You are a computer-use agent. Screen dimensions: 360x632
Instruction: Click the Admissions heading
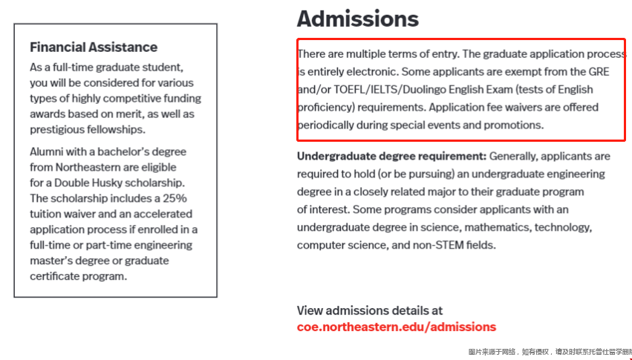pyautogui.click(x=357, y=19)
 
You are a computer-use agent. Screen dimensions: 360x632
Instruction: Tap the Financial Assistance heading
pyautogui.click(x=94, y=47)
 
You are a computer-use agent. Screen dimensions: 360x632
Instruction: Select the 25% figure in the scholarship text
pyautogui.click(x=173, y=198)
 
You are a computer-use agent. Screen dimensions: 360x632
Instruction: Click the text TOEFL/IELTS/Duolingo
pyautogui.click(x=382, y=90)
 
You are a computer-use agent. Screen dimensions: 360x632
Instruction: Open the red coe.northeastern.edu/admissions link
pyautogui.click(x=396, y=327)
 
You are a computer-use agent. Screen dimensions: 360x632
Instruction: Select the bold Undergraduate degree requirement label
pyautogui.click(x=391, y=157)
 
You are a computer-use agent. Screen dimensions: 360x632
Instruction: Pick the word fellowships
pyautogui.click(x=115, y=129)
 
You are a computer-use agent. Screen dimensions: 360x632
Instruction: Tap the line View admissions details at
pyautogui.click(x=369, y=310)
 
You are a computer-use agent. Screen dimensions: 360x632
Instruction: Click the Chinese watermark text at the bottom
pyautogui.click(x=549, y=352)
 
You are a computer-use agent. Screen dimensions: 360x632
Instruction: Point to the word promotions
pyautogui.click(x=514, y=125)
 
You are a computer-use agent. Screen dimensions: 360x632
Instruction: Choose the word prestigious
pyautogui.click(x=60, y=129)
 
